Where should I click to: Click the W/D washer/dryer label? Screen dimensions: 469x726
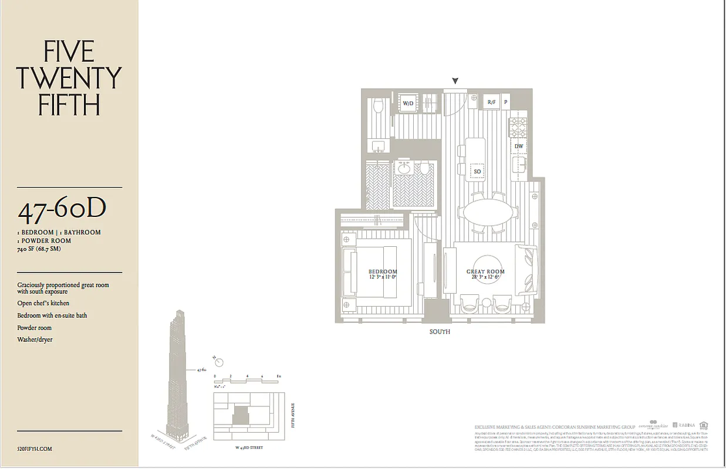tap(408, 103)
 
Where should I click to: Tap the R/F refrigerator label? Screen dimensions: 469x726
tap(492, 102)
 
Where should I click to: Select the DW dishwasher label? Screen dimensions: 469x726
tap(519, 146)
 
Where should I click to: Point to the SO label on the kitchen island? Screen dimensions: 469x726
tap(477, 171)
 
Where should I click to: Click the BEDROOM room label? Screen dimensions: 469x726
tap(383, 271)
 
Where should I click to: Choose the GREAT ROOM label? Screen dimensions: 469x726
tap(485, 271)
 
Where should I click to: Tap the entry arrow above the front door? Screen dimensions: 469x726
tap(455, 81)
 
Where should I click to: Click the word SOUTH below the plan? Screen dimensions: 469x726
tap(440, 332)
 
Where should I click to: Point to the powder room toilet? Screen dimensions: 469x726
tap(379, 106)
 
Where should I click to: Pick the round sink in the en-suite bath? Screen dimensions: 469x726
tap(404, 169)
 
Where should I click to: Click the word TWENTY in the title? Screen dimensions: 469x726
tap(69, 79)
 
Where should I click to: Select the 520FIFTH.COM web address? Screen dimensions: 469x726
tap(35, 448)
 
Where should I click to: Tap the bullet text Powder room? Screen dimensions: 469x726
tap(34, 328)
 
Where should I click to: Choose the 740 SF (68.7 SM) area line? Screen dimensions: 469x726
tap(39, 249)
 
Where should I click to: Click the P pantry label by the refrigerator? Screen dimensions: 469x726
tap(505, 102)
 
